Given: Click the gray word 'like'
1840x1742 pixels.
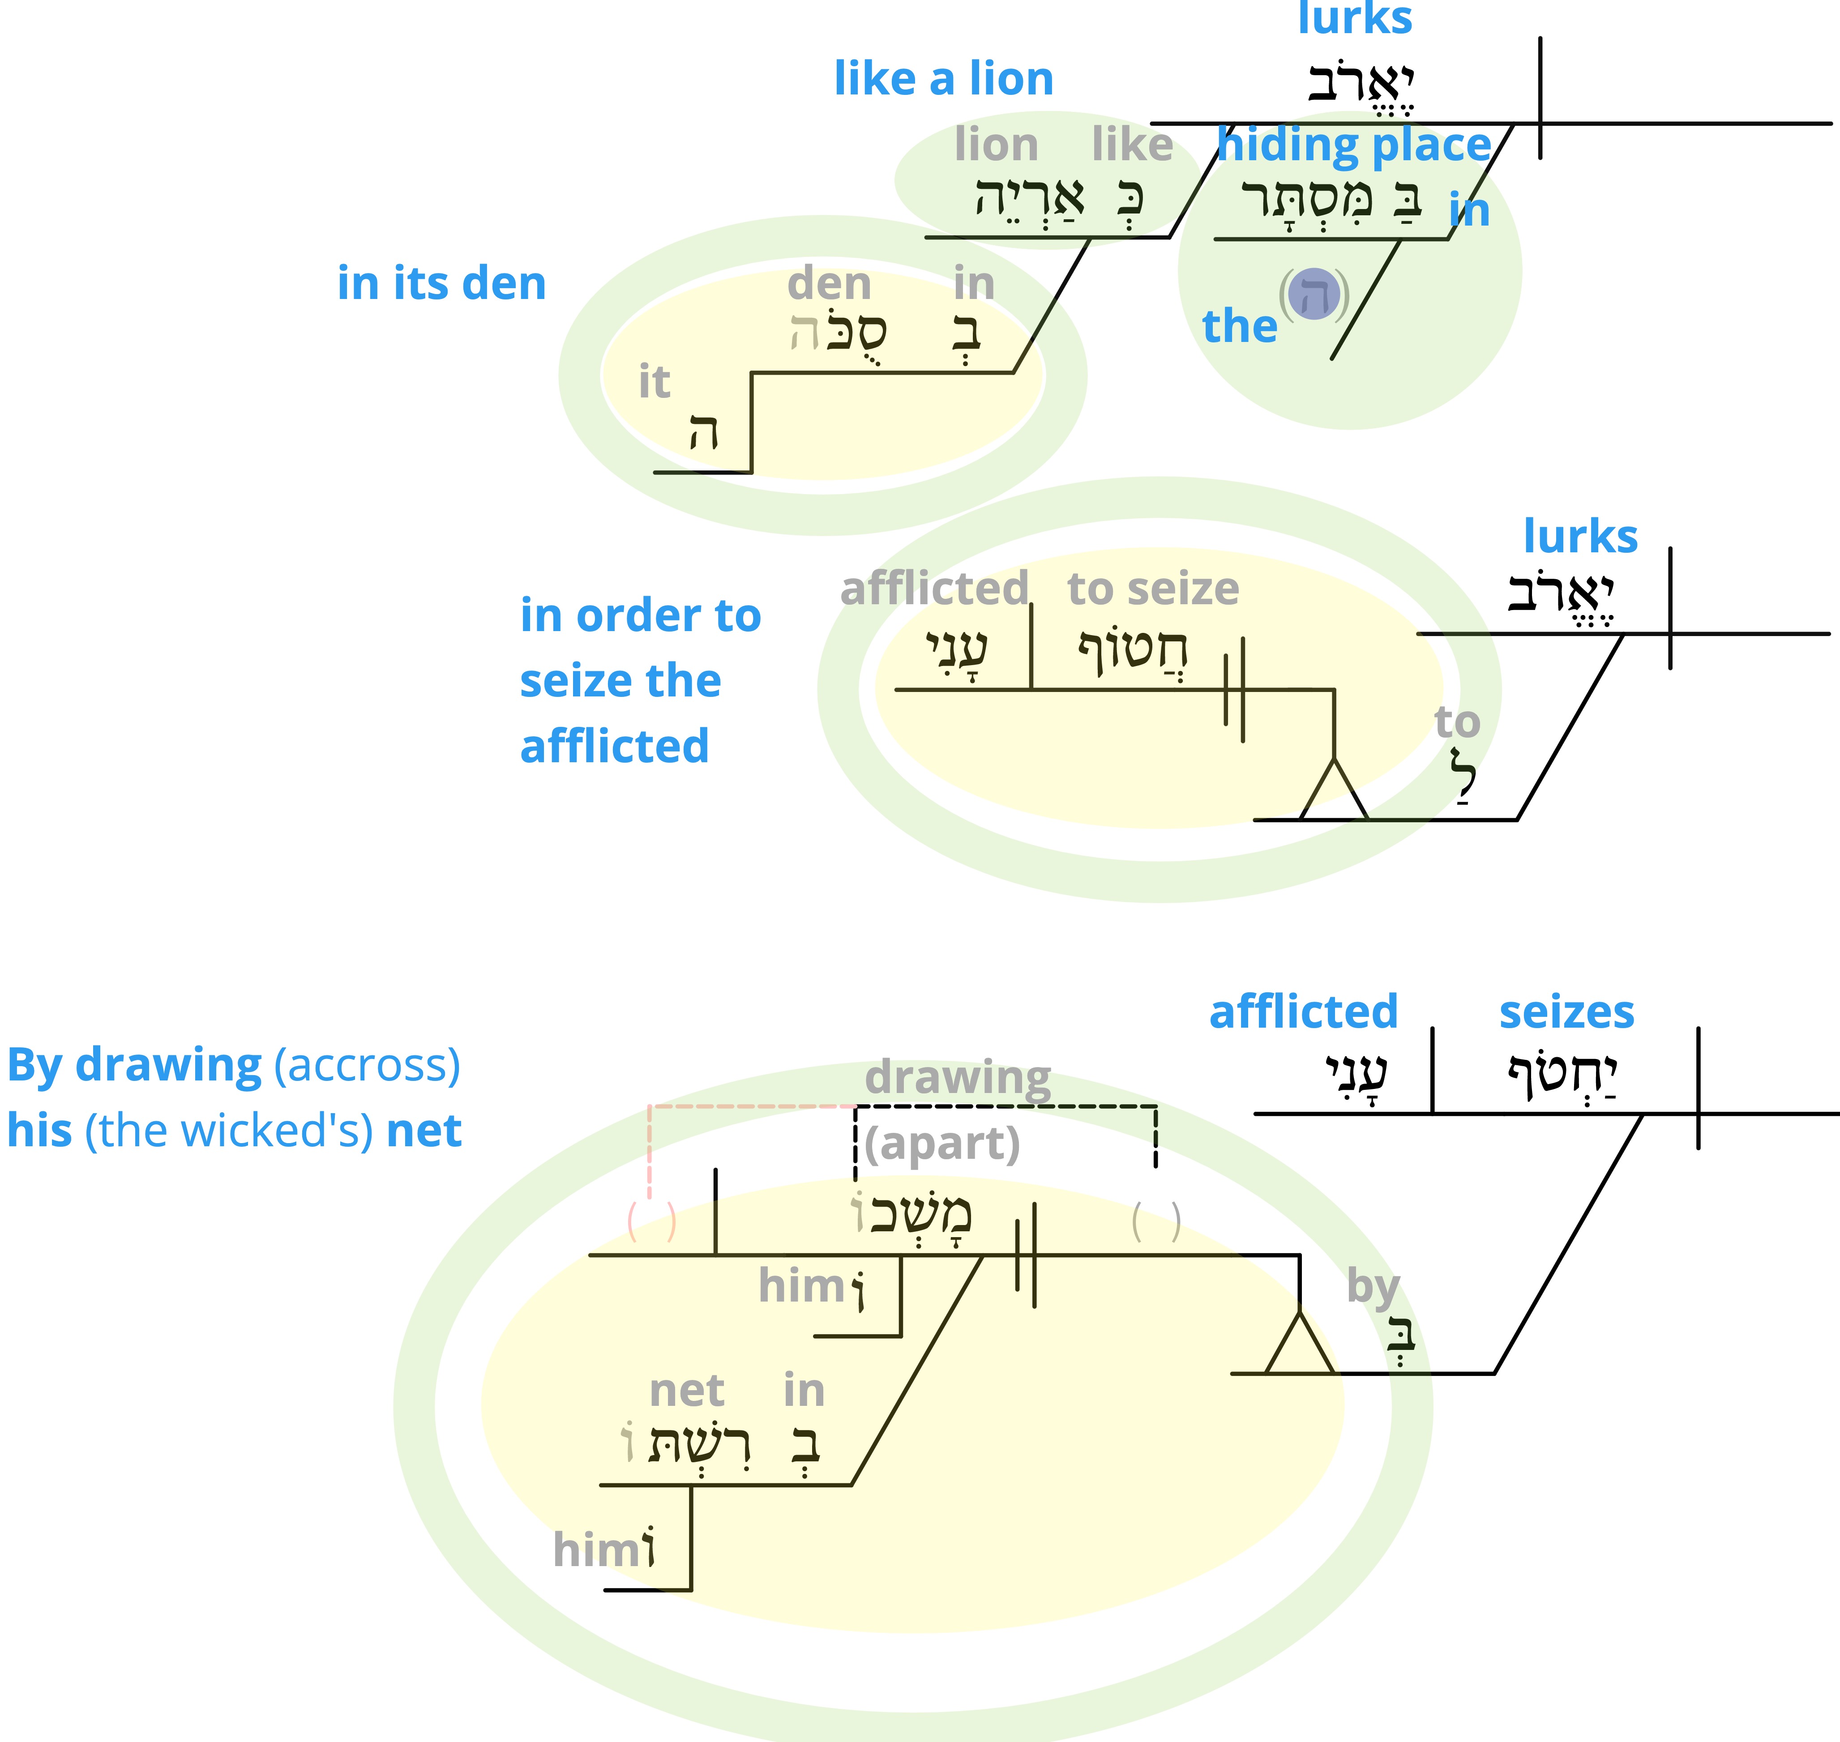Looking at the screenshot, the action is [x=1132, y=145].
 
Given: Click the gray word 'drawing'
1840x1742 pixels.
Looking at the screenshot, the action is [x=958, y=1078].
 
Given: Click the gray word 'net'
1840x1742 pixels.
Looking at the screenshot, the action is [x=686, y=1391].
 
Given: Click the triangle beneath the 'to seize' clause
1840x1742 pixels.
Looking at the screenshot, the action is [x=1334, y=790].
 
